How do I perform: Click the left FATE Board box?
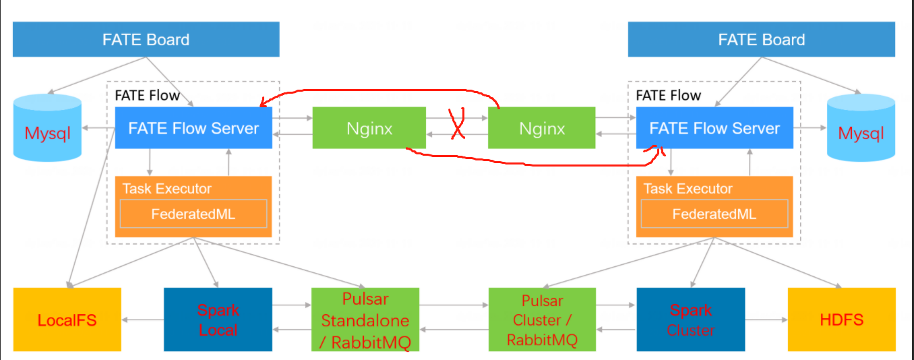146,39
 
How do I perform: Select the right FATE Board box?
762,39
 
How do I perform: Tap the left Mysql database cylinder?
47,127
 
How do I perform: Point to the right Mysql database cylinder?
861,127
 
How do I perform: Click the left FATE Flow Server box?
193,128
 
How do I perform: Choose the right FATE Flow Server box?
714,128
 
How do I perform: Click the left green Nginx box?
369,128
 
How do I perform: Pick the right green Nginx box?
541,128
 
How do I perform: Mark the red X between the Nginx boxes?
458,123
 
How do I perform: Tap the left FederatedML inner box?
193,214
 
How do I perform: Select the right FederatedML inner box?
714,214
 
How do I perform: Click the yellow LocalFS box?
67,319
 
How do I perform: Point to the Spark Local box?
218,319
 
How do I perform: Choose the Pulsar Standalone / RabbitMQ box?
365,319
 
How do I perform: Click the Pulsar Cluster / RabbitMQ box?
542,319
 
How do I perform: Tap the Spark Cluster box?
690,319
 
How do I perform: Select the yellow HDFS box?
841,319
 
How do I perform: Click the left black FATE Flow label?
148,96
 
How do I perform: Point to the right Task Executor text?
688,189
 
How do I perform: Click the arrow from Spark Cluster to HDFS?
766,320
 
